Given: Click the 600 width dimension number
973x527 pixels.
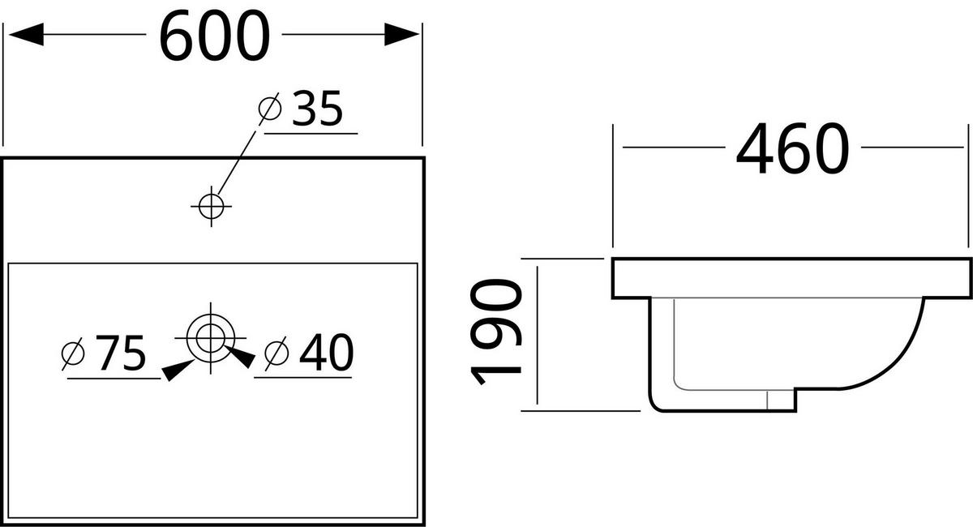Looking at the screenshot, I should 214,36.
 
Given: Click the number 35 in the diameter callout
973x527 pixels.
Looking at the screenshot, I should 317,109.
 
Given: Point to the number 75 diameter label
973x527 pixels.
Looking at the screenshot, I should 120,353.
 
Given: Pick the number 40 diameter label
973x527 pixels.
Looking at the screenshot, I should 325,353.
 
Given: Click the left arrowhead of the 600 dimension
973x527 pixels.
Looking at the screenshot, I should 24,34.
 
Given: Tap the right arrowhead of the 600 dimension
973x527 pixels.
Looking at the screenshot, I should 401,34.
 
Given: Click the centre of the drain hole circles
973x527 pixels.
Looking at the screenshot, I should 211,335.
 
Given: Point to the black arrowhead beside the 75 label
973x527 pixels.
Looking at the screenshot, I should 178,370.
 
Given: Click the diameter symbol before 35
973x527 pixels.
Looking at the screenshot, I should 269,109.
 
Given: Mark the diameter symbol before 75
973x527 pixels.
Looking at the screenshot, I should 74,353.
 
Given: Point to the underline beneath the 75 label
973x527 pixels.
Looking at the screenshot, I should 114,378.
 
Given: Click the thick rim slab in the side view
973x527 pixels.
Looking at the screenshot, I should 791,277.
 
